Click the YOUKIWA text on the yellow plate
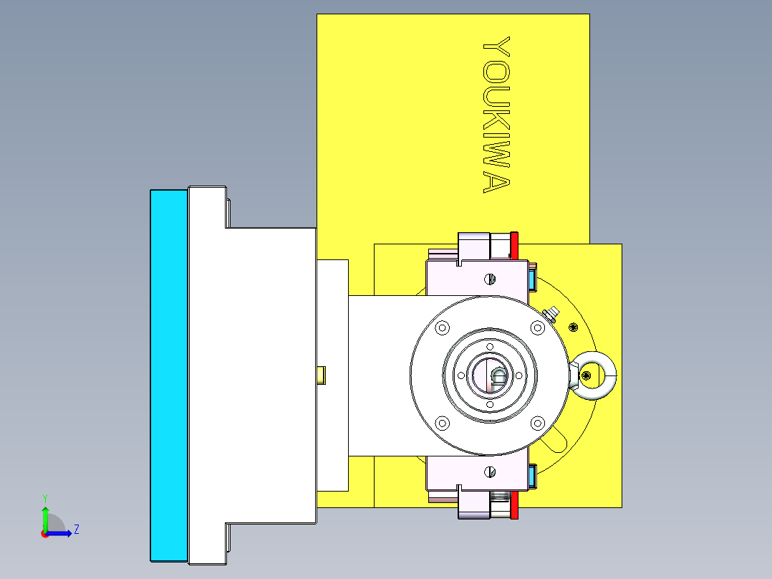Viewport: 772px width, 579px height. tap(496, 115)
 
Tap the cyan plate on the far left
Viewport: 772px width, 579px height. tap(169, 375)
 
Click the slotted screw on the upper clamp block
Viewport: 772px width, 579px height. tap(491, 278)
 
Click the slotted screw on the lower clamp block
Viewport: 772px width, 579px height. tap(491, 471)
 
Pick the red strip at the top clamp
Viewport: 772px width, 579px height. tap(514, 246)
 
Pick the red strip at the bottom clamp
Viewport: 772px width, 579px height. tap(514, 504)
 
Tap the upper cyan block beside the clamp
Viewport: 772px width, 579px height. tap(532, 277)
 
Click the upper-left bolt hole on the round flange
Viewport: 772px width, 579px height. tap(442, 327)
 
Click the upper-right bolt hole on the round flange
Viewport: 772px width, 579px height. tap(537, 327)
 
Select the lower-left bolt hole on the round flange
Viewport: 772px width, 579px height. tap(442, 423)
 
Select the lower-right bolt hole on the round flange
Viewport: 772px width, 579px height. tap(537, 423)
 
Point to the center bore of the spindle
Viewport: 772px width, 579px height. tap(490, 375)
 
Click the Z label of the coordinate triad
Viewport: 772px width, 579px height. tap(76, 530)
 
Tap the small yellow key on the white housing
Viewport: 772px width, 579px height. tap(322, 374)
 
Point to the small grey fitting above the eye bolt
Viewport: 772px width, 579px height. tap(552, 313)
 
